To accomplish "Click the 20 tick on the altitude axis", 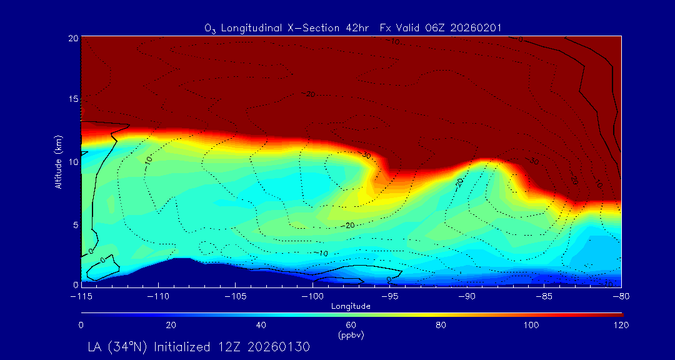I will pyautogui.click(x=72, y=38).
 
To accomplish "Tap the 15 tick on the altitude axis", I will pyautogui.click(x=72, y=99).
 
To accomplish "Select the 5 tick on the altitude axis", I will pyautogui.click(x=75, y=224).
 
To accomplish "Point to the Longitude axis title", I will pyautogui.click(x=351, y=306).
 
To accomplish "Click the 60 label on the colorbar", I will pyautogui.click(x=351, y=325).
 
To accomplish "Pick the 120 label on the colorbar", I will pyautogui.click(x=621, y=325).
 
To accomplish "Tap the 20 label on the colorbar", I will pyautogui.click(x=171, y=325).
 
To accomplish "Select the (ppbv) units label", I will pyautogui.click(x=351, y=334).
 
